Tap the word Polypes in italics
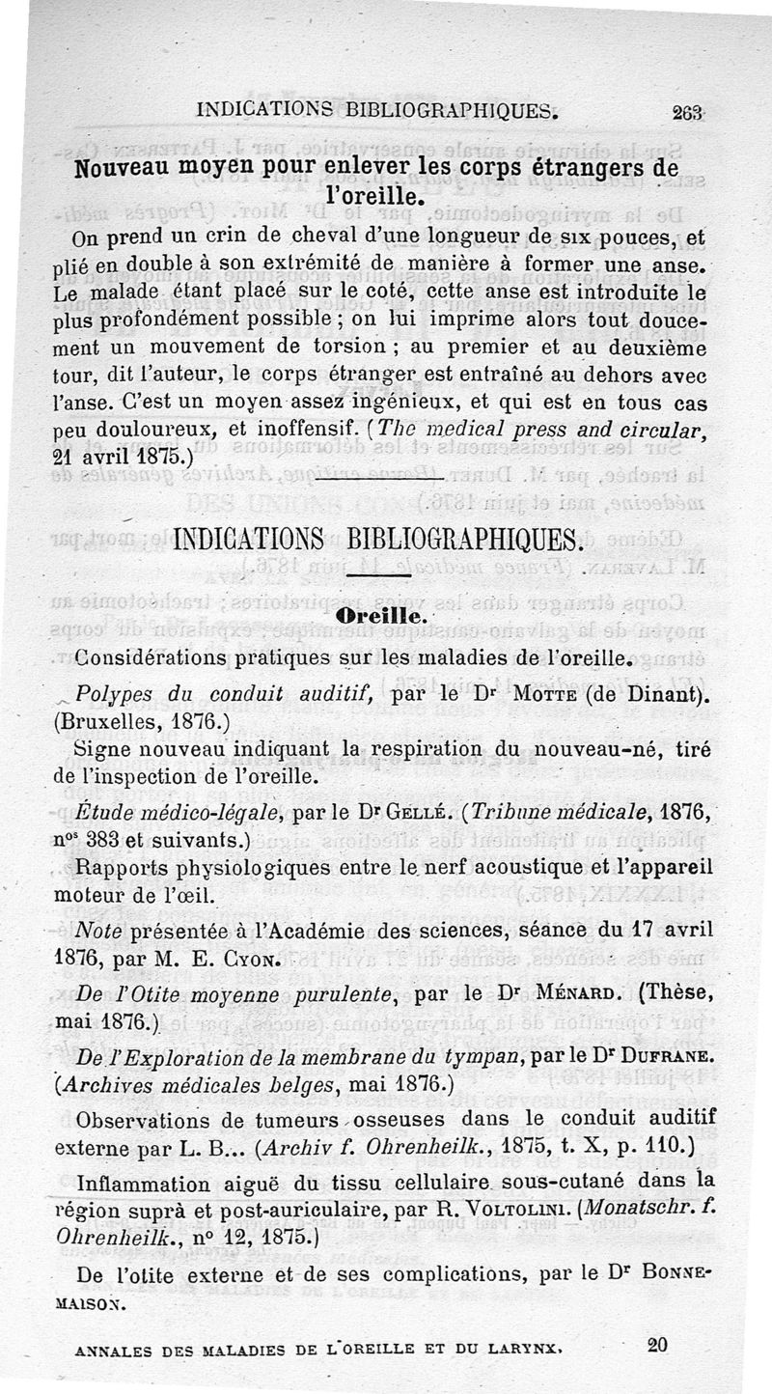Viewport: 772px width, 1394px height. coord(114,693)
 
